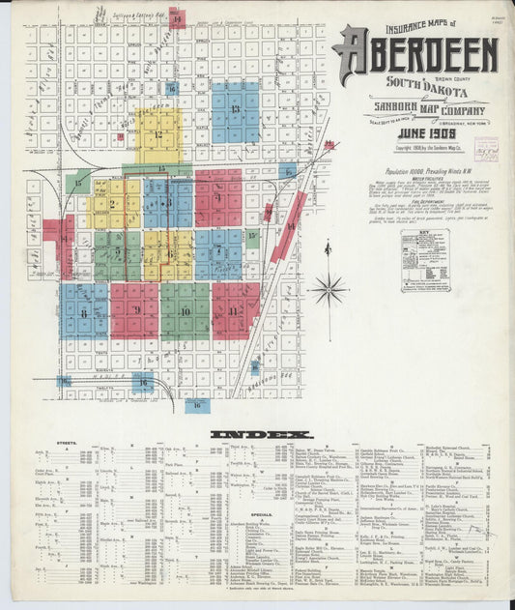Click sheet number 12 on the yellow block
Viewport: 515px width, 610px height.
pos(157,134)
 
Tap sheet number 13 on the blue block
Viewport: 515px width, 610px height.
pos(235,110)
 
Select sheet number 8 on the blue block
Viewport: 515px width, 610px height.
pos(84,312)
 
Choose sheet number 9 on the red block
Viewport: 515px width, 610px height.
pos(136,310)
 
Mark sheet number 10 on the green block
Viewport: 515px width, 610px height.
pos(185,311)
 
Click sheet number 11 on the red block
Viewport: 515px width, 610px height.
pos(234,311)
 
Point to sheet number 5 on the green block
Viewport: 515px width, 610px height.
pos(118,253)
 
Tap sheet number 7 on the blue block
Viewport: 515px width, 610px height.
pos(218,253)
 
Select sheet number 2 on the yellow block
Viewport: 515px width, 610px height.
pos(113,206)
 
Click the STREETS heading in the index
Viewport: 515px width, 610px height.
pos(68,445)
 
